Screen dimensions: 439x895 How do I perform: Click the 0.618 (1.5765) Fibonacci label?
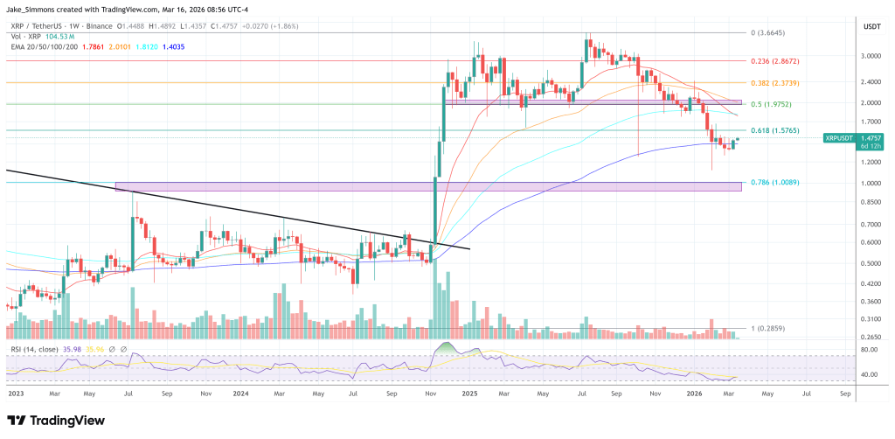[774, 130]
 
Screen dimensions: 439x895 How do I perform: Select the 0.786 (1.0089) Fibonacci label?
[774, 183]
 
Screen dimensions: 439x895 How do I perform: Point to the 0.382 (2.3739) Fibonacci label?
[774, 82]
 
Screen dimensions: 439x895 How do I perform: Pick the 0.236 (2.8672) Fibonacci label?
[774, 61]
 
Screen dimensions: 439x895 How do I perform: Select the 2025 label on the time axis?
[470, 394]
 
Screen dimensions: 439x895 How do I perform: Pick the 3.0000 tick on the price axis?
[870, 55]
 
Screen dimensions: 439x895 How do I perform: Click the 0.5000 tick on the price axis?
[870, 263]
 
